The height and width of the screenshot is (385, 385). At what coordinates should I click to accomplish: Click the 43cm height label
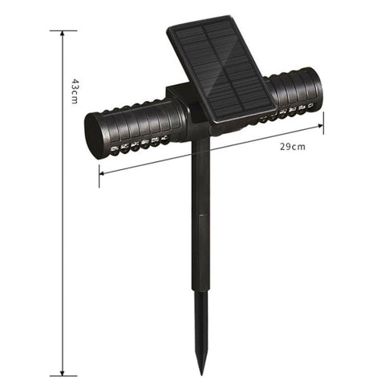point(73,91)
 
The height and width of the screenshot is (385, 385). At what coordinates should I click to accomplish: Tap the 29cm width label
point(292,146)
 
